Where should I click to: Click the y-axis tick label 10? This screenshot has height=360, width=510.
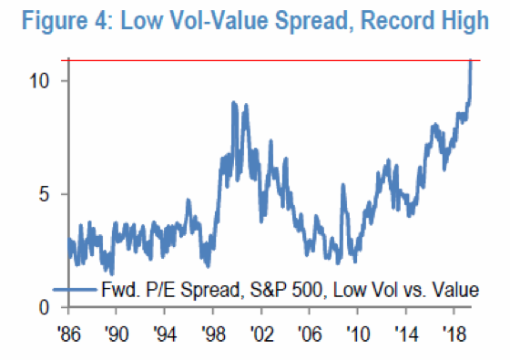pyautogui.click(x=39, y=80)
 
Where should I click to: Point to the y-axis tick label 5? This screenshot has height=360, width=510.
pyautogui.click(x=44, y=194)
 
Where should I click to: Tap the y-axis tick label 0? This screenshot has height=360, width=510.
pyautogui.click(x=45, y=307)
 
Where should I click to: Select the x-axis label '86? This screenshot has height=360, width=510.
pyautogui.click(x=69, y=334)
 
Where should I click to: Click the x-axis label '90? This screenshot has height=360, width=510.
pyautogui.click(x=117, y=334)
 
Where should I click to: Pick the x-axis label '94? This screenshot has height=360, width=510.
pyautogui.click(x=165, y=334)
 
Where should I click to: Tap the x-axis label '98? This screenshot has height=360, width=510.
pyautogui.click(x=213, y=334)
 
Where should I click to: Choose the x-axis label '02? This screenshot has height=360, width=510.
pyautogui.click(x=261, y=334)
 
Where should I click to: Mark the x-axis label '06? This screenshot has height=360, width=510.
pyautogui.click(x=310, y=334)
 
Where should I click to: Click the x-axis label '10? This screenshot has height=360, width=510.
pyautogui.click(x=358, y=334)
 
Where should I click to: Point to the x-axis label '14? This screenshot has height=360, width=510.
pyautogui.click(x=406, y=334)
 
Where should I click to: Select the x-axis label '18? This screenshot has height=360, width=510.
pyautogui.click(x=454, y=334)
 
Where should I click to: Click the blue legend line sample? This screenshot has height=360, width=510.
pyautogui.click(x=75, y=290)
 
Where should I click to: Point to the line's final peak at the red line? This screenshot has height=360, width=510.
pyautogui.click(x=471, y=60)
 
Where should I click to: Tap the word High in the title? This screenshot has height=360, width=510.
pyautogui.click(x=467, y=21)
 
